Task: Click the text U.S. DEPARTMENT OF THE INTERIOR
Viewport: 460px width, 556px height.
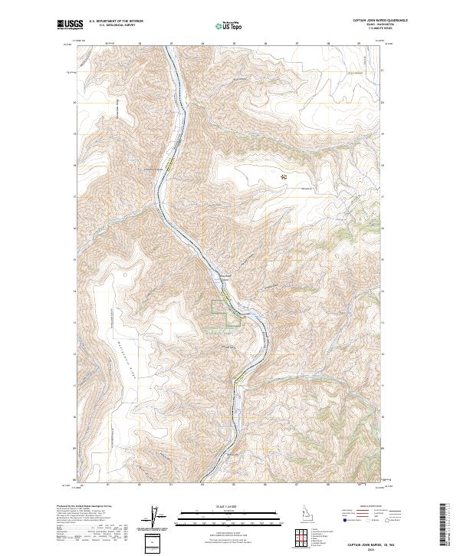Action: [116, 22]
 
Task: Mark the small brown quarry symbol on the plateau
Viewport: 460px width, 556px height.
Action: [284, 176]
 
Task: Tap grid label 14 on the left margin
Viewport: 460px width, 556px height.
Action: [74, 291]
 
